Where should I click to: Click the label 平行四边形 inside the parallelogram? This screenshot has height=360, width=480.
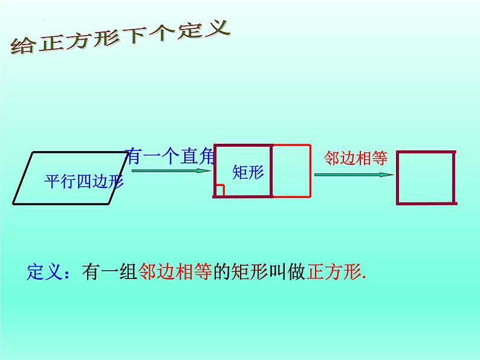75,181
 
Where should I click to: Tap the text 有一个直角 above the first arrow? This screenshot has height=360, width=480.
170,156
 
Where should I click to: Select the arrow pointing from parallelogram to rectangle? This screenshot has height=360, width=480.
169,170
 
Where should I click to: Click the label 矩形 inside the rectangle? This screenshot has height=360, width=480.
248,172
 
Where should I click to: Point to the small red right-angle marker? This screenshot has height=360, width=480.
219,191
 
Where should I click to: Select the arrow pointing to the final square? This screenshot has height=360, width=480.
354,175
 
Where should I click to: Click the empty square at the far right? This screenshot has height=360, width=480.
425,178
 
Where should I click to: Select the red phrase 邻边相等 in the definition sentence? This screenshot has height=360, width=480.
175,272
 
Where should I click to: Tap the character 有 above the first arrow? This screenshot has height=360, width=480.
135,156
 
